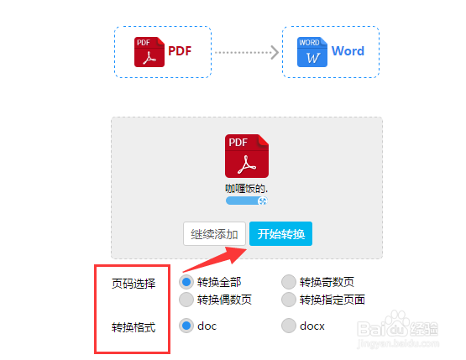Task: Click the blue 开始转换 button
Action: tap(280, 234)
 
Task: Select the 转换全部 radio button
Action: tap(186, 282)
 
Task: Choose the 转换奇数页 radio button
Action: tap(289, 282)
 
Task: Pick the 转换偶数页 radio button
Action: tap(186, 300)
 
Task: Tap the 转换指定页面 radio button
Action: tap(289, 300)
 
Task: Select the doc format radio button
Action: tap(186, 326)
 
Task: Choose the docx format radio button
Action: tap(289, 326)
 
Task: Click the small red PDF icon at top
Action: tap(149, 52)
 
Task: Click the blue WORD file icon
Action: tap(312, 52)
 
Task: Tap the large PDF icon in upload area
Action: tap(247, 156)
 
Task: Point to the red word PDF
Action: tap(180, 51)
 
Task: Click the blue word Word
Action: tap(348, 51)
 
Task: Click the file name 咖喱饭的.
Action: tap(247, 189)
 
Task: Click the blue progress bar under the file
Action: tap(247, 201)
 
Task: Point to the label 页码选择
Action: tap(134, 284)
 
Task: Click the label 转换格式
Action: tap(134, 327)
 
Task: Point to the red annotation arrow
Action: tap(215, 260)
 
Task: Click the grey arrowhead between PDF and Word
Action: tap(275, 53)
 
